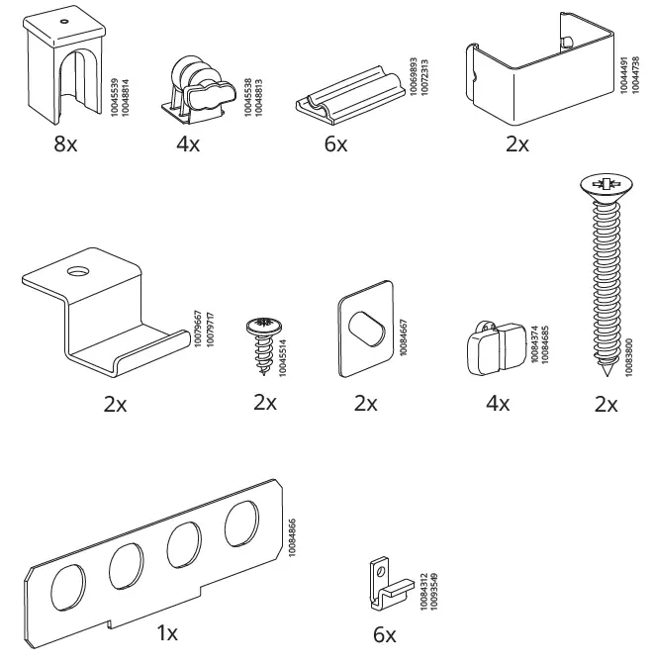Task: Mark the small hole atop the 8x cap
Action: pos(63,21)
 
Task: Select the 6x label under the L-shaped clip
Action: pos(385,634)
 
